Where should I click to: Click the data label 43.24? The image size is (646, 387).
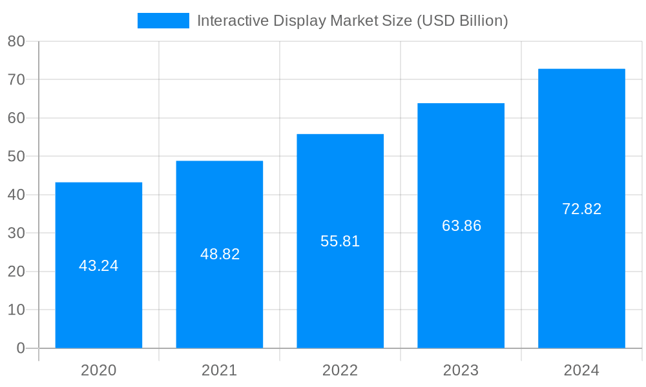[99, 266]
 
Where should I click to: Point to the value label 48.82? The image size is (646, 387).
[220, 254]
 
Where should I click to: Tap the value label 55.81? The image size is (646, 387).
[340, 241]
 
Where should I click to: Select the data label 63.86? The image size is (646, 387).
[461, 226]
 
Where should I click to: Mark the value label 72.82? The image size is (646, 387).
[581, 209]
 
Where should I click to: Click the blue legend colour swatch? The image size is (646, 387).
[163, 21]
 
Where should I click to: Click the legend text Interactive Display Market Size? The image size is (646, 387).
[352, 21]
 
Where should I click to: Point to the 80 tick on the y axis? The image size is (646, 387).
[16, 41]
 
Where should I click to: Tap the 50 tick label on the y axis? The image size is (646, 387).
[16, 156]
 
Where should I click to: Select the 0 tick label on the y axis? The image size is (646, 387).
[21, 348]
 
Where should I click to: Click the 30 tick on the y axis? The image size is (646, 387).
[16, 233]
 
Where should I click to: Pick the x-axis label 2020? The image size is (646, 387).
[99, 370]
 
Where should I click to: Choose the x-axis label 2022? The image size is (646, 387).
[340, 370]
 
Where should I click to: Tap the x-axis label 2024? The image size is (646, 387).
[581, 370]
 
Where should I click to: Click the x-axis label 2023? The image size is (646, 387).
[461, 370]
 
